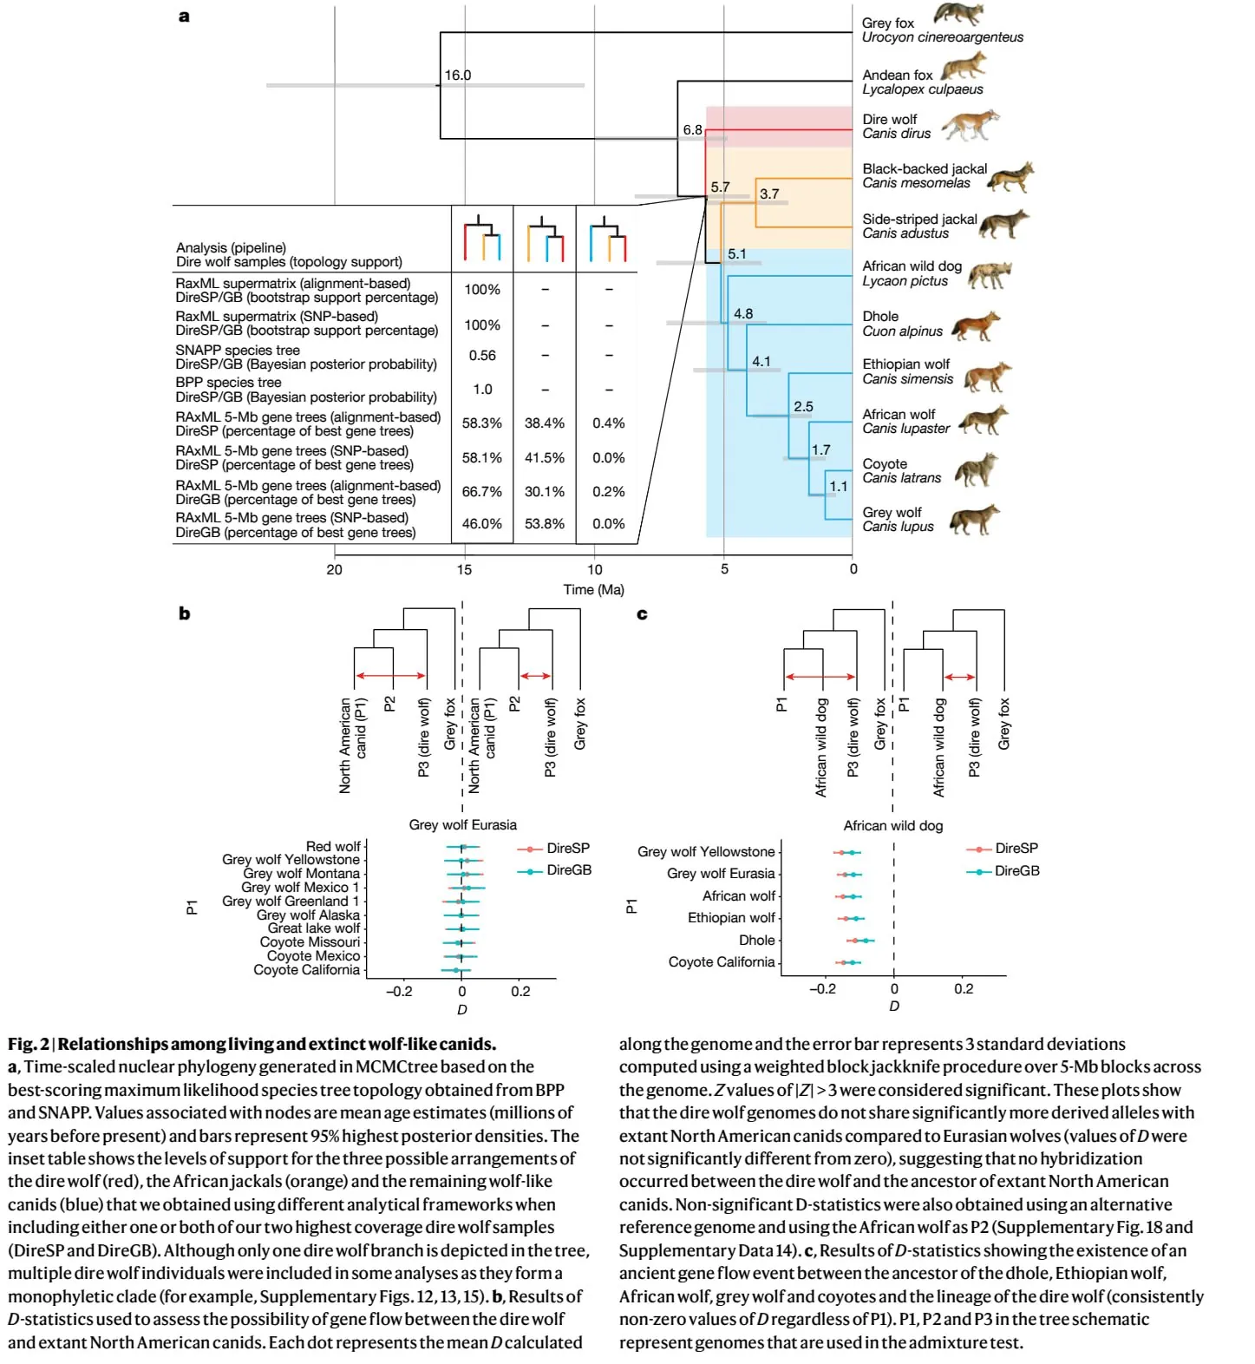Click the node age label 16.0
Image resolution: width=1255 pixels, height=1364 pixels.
coord(457,75)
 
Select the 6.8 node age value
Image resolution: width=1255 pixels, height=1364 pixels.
coord(692,130)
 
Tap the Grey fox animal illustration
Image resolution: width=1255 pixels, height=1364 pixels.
coord(959,15)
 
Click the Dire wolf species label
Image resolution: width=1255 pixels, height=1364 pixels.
coord(896,127)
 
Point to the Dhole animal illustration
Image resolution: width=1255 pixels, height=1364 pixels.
coord(976,326)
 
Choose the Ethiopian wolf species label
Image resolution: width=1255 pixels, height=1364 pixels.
coord(906,371)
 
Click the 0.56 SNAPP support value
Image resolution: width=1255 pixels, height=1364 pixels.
coord(482,356)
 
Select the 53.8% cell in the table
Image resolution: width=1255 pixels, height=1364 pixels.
coord(545,524)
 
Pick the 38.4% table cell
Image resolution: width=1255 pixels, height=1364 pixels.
coord(545,423)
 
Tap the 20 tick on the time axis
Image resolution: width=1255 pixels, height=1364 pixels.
coord(334,570)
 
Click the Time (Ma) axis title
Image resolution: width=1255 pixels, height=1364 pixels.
coord(593,590)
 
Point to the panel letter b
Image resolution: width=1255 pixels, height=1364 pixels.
coord(184,613)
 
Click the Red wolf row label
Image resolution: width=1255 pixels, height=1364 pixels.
coord(333,846)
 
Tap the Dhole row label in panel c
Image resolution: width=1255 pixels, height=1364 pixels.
coord(756,941)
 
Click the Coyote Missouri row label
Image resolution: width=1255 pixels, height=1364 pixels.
coord(310,942)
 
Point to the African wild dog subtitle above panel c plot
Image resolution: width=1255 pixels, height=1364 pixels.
coord(892,826)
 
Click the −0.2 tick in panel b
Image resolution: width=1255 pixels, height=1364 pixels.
coord(399,992)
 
